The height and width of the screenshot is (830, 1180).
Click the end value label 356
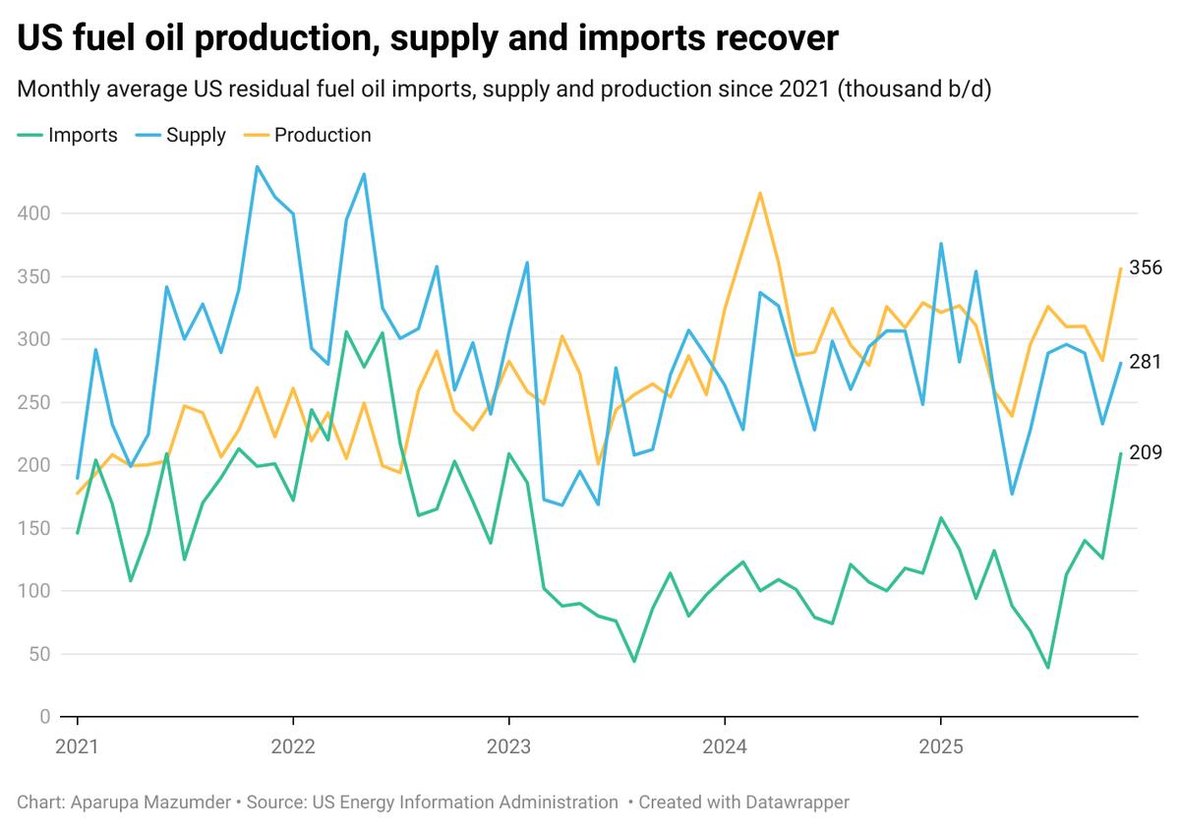click(x=1146, y=267)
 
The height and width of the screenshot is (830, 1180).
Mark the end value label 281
click(x=1146, y=362)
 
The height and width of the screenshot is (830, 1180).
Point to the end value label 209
click(x=1146, y=453)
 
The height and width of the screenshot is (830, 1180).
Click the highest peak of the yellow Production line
click(x=760, y=193)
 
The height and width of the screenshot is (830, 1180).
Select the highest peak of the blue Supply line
click(x=257, y=166)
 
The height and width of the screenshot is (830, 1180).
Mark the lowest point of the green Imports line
click(x=1048, y=668)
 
